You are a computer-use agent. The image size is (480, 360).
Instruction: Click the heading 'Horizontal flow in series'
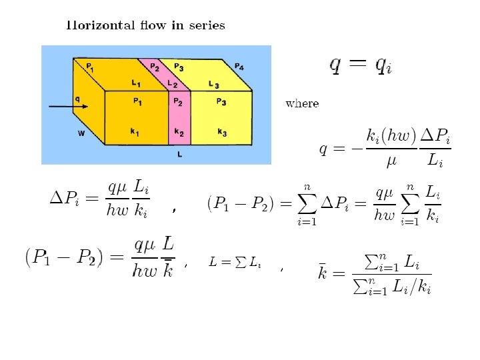145,26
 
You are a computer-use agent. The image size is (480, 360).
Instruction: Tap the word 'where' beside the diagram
302,103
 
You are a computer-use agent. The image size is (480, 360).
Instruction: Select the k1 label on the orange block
135,132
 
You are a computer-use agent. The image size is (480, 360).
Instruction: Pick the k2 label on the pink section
178,132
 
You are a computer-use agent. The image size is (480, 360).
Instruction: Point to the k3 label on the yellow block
221,132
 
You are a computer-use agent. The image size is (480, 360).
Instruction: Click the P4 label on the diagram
239,67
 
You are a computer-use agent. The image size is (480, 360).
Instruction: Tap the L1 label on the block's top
136,83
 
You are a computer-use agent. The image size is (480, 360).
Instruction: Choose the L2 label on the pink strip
172,84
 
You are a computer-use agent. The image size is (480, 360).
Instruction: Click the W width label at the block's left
81,133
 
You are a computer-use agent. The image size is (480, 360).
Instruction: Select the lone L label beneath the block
180,155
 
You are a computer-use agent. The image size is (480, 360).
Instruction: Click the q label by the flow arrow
77,98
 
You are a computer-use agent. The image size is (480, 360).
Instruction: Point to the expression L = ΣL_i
234,263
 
